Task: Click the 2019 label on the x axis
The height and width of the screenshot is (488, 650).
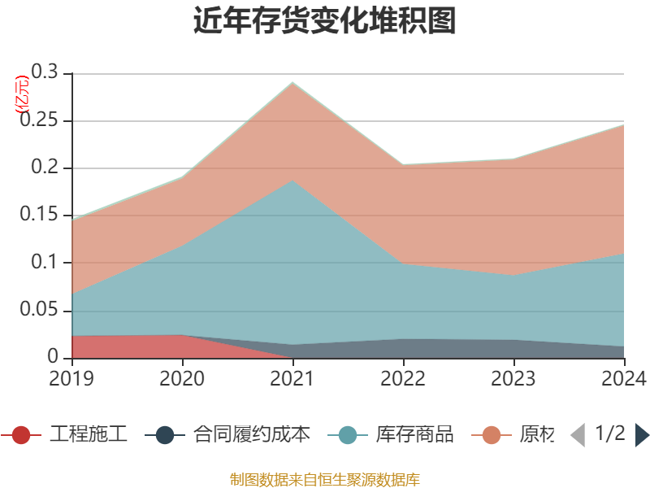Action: [x=71, y=379]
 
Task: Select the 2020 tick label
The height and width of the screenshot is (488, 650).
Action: [x=182, y=379]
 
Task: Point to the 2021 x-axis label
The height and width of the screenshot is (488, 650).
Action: [x=292, y=379]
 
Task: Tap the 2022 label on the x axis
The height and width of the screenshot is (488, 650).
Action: [x=403, y=379]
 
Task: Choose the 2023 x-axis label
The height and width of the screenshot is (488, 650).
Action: [x=513, y=379]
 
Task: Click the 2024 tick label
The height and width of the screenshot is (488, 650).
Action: [x=623, y=379]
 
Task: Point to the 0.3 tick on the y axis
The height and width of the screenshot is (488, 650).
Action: [x=45, y=73]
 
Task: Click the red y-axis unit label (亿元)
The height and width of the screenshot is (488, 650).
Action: [x=22, y=94]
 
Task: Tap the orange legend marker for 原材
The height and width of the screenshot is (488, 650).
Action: [x=492, y=435]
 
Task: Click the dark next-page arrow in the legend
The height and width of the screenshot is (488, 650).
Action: [x=642, y=435]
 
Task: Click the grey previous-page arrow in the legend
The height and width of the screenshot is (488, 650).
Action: [x=578, y=435]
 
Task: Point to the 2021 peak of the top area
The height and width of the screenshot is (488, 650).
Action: [x=292, y=82]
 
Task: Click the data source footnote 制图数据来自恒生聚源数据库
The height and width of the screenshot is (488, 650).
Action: [x=325, y=479]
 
